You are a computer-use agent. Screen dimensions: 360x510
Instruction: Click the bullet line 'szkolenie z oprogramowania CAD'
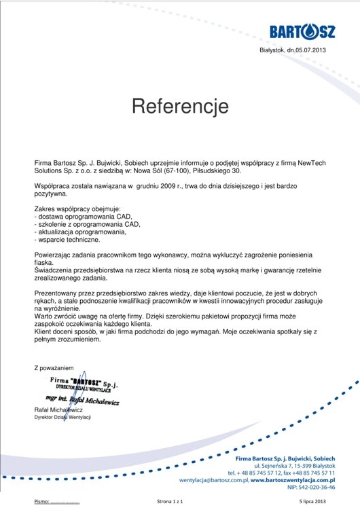click(88, 223)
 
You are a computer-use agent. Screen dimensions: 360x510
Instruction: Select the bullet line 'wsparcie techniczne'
click(68, 239)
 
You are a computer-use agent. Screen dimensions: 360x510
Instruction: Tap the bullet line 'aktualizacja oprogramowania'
click(81, 232)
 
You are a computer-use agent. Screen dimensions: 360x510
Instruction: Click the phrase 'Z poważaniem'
click(54, 367)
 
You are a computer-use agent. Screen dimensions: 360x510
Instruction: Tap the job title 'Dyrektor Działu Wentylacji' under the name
click(62, 418)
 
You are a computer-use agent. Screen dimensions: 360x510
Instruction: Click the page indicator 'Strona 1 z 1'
click(170, 501)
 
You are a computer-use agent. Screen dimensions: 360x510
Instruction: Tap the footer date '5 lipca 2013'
click(312, 501)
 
